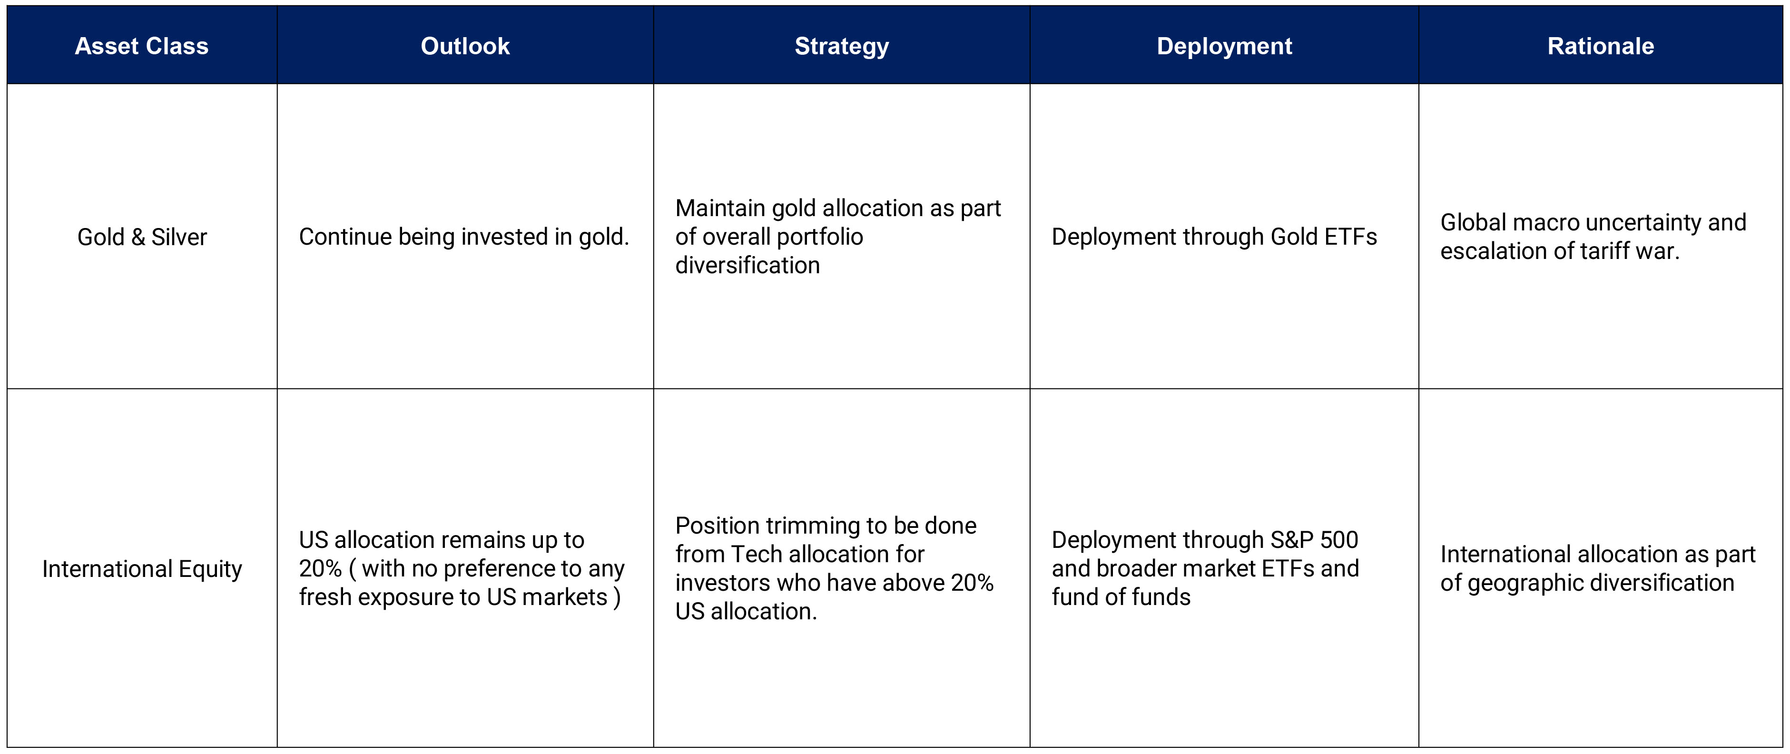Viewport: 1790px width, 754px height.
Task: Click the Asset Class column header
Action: click(x=142, y=46)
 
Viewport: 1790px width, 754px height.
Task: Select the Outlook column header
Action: click(x=465, y=46)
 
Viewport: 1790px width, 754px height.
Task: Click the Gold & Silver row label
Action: click(x=142, y=237)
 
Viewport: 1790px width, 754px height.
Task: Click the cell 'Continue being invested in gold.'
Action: click(x=463, y=237)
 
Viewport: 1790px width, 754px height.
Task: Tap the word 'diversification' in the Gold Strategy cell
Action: click(x=747, y=266)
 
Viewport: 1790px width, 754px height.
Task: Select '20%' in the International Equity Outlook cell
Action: click(x=320, y=568)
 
